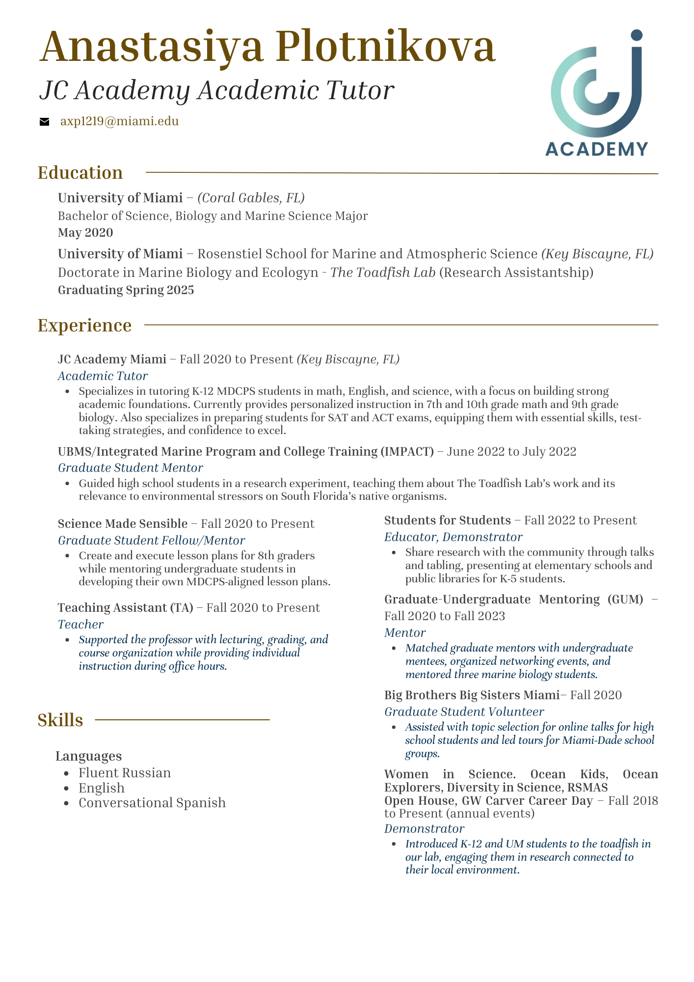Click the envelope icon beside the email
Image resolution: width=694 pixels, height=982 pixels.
45,122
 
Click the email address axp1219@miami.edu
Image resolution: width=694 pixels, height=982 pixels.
119,121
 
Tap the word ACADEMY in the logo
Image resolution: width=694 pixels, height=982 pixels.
596,148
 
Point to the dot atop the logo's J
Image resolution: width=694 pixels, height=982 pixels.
636,35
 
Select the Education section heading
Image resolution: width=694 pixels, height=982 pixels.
80,173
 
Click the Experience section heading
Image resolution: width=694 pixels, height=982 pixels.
85,325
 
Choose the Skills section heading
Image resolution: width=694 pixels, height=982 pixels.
60,720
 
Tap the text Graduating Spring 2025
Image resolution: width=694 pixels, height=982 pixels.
126,290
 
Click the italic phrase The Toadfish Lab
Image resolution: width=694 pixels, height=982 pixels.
383,272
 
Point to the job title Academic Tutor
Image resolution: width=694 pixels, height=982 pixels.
103,376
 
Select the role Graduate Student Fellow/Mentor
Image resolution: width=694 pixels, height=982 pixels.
151,541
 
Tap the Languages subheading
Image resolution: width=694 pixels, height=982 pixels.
89,756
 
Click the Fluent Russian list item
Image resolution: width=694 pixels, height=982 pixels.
125,773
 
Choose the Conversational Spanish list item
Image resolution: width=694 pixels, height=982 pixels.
152,803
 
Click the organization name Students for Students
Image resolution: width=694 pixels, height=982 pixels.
448,520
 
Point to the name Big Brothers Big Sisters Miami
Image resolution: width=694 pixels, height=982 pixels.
472,695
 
